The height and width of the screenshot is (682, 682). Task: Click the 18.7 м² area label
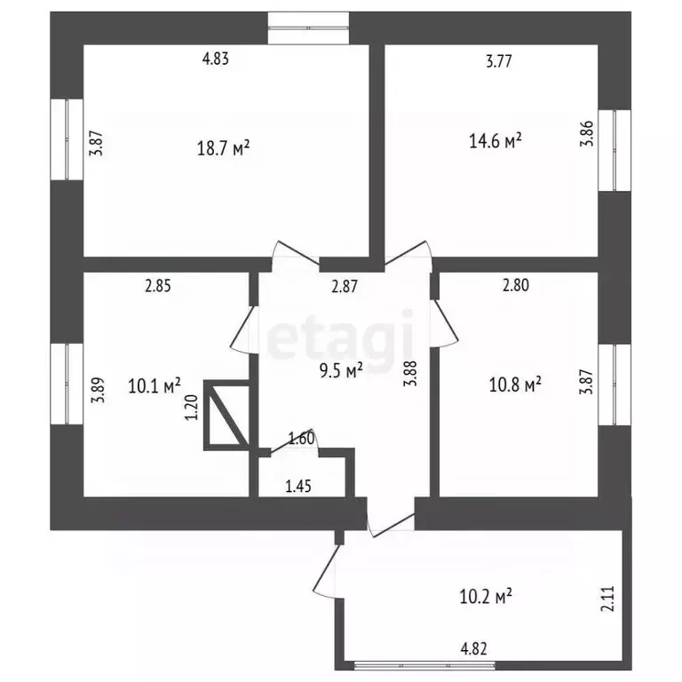(223, 149)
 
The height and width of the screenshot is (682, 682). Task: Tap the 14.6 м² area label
(495, 141)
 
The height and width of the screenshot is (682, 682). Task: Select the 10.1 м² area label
(155, 385)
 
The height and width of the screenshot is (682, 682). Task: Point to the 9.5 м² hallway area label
(341, 370)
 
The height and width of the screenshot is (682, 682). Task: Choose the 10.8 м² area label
(515, 385)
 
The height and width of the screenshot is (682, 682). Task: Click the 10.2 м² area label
(486, 597)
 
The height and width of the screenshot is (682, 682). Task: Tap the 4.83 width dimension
(216, 59)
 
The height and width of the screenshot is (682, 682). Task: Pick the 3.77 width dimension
(499, 61)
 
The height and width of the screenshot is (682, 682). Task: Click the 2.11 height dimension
(608, 599)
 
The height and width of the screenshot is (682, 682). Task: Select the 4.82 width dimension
(473, 649)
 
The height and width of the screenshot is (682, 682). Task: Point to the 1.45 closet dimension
(298, 486)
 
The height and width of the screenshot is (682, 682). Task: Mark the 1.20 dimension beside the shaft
(192, 407)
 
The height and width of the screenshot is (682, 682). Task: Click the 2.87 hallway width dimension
(345, 286)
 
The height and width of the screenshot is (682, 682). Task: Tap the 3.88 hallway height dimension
(410, 373)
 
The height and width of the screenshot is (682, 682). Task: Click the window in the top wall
(308, 28)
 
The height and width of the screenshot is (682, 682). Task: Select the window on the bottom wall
(424, 665)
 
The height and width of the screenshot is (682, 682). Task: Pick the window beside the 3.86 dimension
(615, 150)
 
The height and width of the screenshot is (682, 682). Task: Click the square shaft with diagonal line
(226, 415)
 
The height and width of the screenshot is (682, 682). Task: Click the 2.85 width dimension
(158, 286)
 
